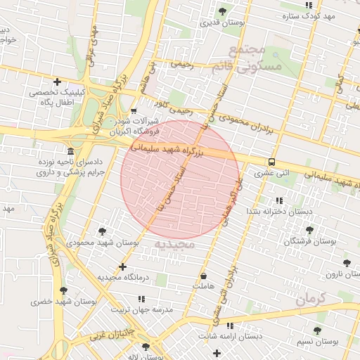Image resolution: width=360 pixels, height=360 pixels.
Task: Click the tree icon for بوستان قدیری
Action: click(x=223, y=11)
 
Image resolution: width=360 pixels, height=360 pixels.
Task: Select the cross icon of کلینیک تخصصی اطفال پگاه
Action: click(x=57, y=82)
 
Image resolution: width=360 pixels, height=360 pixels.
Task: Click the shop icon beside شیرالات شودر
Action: click(x=134, y=110)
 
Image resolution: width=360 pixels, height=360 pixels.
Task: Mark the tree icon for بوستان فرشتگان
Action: click(x=309, y=230)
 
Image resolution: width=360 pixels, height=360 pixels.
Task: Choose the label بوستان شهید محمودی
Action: click(x=102, y=243)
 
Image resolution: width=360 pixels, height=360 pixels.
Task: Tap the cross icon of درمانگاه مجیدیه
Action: click(x=123, y=267)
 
